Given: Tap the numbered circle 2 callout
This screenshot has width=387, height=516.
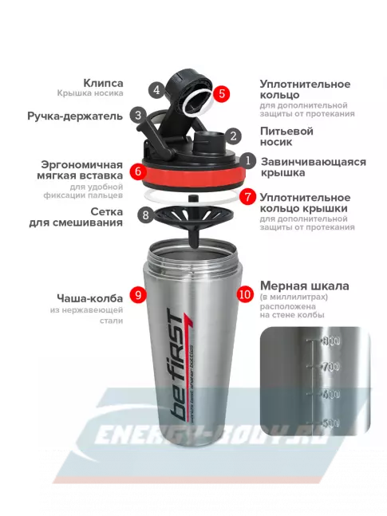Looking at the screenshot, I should pyautogui.click(x=232, y=136).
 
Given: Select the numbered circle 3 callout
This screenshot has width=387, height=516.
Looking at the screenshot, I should pyautogui.click(x=138, y=115).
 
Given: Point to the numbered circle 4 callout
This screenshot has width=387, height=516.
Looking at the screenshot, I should pyautogui.click(x=157, y=89).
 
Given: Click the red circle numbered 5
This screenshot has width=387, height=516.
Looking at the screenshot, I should pyautogui.click(x=223, y=93).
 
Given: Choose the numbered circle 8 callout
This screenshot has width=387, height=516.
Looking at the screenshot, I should pyautogui.click(x=144, y=214).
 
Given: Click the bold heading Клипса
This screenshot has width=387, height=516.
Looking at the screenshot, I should pyautogui.click(x=103, y=83).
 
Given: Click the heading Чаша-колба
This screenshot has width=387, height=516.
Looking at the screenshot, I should pyautogui.click(x=95, y=295).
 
